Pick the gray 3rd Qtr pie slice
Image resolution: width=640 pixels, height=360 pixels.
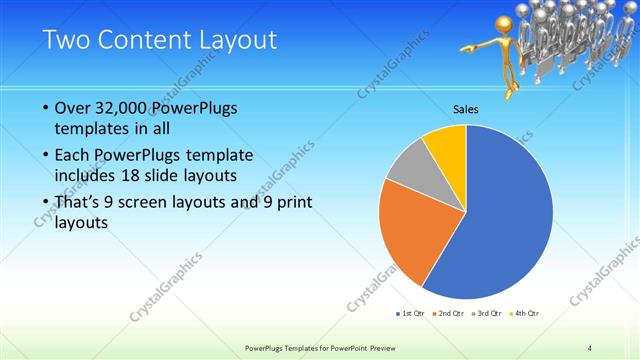click(x=410, y=176)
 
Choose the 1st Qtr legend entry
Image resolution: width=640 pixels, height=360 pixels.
click(x=410, y=314)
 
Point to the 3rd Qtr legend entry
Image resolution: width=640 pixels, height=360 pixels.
click(x=488, y=314)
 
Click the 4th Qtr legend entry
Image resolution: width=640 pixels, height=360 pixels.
click(x=527, y=314)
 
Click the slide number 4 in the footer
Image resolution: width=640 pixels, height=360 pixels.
click(x=591, y=347)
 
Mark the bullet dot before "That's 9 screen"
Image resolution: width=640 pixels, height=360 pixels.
click(x=45, y=203)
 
